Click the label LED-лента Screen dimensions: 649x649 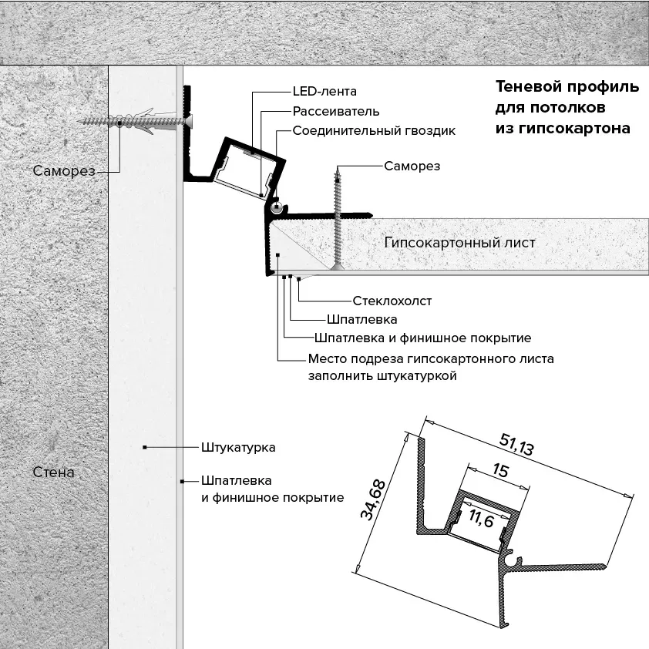(x=324, y=91)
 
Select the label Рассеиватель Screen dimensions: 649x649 (x=335, y=111)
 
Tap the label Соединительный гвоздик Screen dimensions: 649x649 (x=374, y=131)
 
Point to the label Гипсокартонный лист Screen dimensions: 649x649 (x=459, y=243)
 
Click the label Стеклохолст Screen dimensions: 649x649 (x=392, y=301)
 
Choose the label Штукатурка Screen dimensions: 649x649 (x=238, y=447)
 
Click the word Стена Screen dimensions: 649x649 (x=53, y=472)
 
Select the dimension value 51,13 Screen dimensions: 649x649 (x=516, y=444)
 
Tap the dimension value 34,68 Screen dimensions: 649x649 (x=373, y=499)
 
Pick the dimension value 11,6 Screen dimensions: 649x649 (x=482, y=518)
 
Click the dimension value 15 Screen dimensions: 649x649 (x=501, y=471)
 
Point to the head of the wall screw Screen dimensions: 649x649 (x=188, y=121)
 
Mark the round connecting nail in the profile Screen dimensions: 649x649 (x=276, y=208)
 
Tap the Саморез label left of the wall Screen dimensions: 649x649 (x=64, y=170)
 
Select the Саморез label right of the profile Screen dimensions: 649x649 (x=412, y=166)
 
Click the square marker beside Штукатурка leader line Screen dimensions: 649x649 (x=144, y=447)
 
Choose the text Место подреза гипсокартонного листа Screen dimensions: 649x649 (x=431, y=358)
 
